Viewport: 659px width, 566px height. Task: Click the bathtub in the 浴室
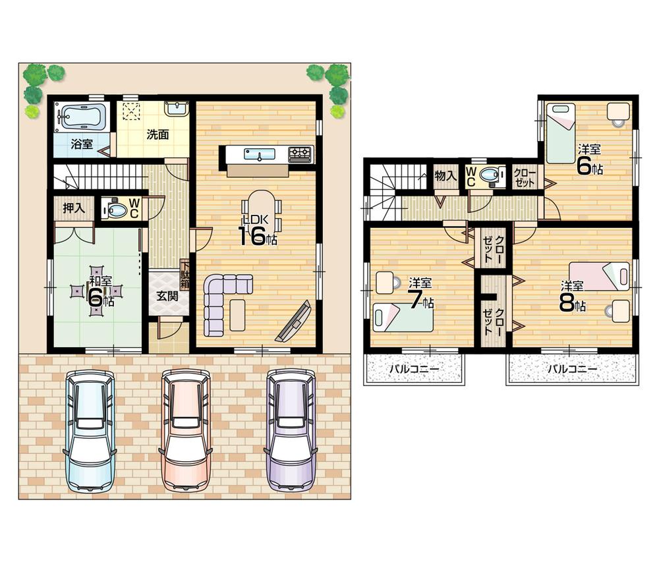pos(82,118)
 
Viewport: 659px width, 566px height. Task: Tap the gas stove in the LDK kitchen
pos(300,154)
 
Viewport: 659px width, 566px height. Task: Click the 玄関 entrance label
pos(167,296)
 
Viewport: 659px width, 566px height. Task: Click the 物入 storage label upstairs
pos(446,175)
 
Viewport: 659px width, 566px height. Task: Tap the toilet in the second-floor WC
pos(489,176)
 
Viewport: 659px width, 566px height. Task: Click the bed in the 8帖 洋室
pos(600,276)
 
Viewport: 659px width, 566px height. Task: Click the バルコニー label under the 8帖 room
pos(573,369)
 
